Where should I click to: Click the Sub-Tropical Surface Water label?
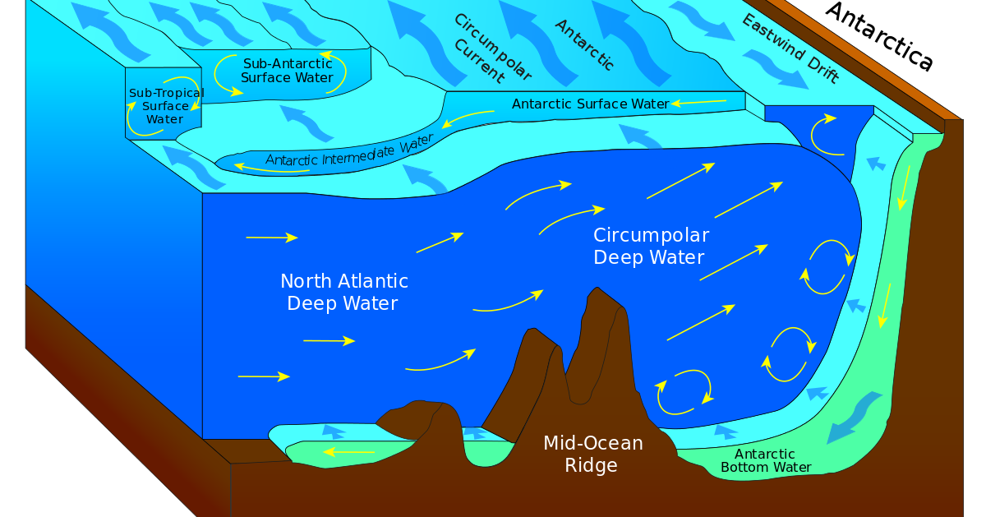(x=165, y=106)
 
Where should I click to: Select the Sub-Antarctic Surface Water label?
(x=287, y=71)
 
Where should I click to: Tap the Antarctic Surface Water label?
(x=590, y=104)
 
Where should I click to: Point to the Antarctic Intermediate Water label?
(x=348, y=150)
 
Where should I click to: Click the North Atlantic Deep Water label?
(x=343, y=293)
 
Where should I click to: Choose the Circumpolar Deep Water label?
(x=650, y=247)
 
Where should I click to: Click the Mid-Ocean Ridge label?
(x=592, y=455)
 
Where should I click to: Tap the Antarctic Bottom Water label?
(x=765, y=461)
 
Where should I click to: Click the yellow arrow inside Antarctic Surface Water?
(x=698, y=103)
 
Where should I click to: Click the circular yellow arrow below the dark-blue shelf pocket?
(x=824, y=134)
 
